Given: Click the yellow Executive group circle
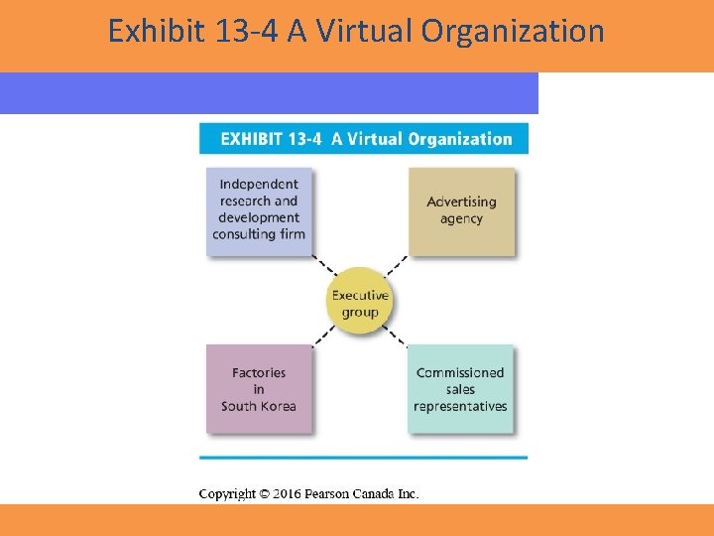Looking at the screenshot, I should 360,303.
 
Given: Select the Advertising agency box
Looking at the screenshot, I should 461,210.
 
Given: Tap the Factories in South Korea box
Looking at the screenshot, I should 258,388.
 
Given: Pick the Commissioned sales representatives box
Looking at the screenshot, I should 460,388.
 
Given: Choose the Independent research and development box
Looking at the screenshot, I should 259,209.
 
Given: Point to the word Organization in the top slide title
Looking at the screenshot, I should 513,32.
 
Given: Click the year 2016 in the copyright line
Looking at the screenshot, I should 284,493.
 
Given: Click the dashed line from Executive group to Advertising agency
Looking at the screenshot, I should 397,266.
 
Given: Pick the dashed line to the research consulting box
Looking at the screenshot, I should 322,266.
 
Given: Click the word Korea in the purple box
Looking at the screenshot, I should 279,405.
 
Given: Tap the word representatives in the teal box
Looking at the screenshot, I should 460,406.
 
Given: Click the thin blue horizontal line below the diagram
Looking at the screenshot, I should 363,458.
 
